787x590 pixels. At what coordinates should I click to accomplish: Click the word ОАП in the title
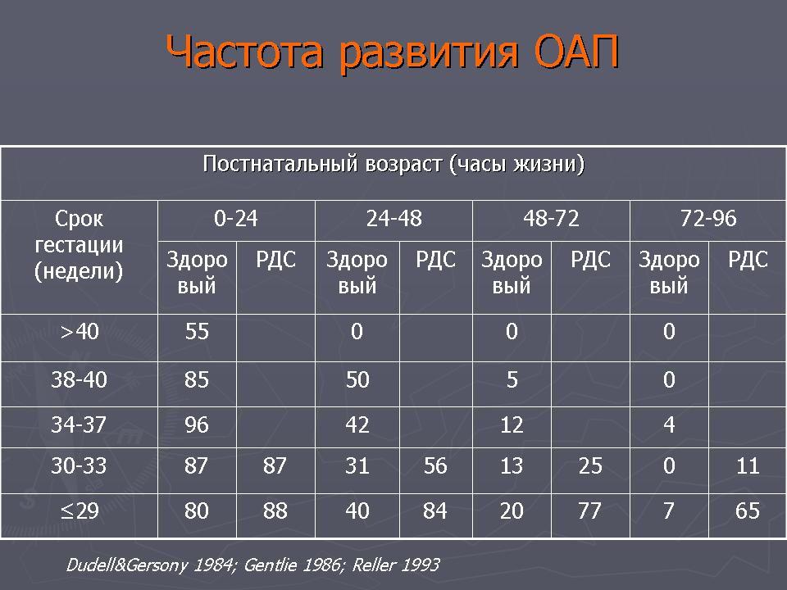tap(575, 52)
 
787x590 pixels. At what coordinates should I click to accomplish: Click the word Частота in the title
tap(244, 52)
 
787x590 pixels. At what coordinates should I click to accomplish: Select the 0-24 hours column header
tap(236, 219)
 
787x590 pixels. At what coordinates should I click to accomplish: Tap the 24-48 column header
tap(394, 219)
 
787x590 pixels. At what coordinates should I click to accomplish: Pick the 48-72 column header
tap(551, 219)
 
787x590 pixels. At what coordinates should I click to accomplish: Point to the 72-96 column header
tap(708, 219)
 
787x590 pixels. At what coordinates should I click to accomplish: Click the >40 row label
tap(80, 332)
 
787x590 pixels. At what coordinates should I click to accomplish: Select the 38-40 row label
tap(80, 379)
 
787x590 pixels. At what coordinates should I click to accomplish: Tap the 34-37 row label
tap(79, 425)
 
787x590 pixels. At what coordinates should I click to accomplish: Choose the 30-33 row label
tap(79, 466)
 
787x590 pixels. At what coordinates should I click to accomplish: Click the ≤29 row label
tap(80, 511)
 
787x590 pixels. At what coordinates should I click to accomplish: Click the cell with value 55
tap(197, 332)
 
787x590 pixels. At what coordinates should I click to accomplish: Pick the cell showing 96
tap(197, 425)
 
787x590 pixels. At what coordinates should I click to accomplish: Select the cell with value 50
tap(357, 379)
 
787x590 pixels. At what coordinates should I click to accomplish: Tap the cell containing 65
tap(748, 511)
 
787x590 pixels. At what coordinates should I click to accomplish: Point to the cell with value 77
tap(589, 511)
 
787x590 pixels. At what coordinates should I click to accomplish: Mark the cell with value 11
tap(748, 466)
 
